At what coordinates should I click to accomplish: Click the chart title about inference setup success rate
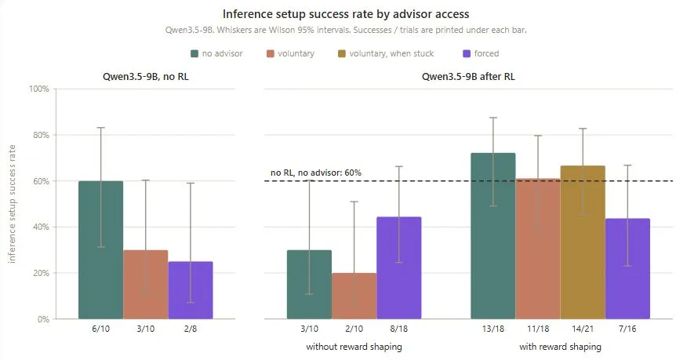346,14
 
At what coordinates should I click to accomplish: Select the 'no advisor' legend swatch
194,54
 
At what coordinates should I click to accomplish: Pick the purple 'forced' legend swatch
467,54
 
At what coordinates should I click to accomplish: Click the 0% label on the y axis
43,319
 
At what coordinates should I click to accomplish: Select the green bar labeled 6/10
100,250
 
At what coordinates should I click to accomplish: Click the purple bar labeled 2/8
191,290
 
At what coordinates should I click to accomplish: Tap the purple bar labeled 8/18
398,268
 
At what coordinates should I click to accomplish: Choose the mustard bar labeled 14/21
583,242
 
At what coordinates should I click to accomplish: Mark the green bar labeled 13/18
493,236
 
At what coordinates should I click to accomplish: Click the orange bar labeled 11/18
538,249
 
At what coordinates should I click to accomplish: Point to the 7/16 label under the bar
627,329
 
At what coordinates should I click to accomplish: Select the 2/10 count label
354,329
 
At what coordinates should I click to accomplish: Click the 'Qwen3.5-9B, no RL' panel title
145,77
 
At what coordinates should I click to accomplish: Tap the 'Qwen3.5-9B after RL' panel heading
468,77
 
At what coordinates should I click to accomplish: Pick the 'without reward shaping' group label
354,347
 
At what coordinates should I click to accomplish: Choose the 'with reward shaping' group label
561,347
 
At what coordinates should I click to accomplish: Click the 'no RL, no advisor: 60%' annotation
316,173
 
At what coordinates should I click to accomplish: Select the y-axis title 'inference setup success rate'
12,204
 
